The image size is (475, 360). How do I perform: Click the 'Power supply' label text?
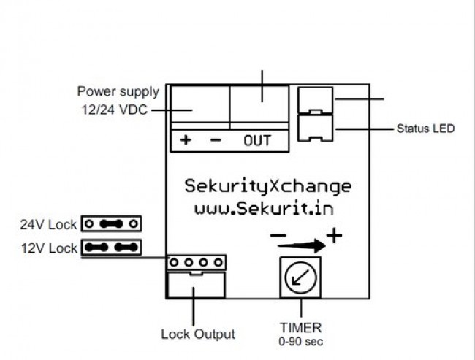pyautogui.click(x=118, y=92)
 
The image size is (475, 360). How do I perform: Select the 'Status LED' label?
pyautogui.click(x=425, y=129)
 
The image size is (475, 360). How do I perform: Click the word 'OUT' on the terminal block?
pyautogui.click(x=257, y=141)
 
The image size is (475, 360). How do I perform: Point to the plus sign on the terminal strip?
pyautogui.click(x=186, y=141)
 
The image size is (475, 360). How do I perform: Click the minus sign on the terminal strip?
pyautogui.click(x=215, y=141)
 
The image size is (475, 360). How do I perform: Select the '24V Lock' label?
pyautogui.click(x=48, y=224)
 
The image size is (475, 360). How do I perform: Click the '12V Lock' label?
pyautogui.click(x=48, y=248)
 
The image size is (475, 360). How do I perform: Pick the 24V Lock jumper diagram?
pyautogui.click(x=111, y=223)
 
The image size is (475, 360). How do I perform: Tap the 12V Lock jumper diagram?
pyautogui.click(x=111, y=248)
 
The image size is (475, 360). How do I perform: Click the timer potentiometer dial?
pyautogui.click(x=300, y=277)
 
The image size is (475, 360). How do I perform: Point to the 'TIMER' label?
pyautogui.click(x=300, y=327)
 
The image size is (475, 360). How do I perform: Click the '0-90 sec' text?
pyautogui.click(x=300, y=341)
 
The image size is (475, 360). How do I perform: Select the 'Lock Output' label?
pyautogui.click(x=198, y=334)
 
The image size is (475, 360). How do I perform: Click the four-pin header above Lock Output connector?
pyautogui.click(x=197, y=261)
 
